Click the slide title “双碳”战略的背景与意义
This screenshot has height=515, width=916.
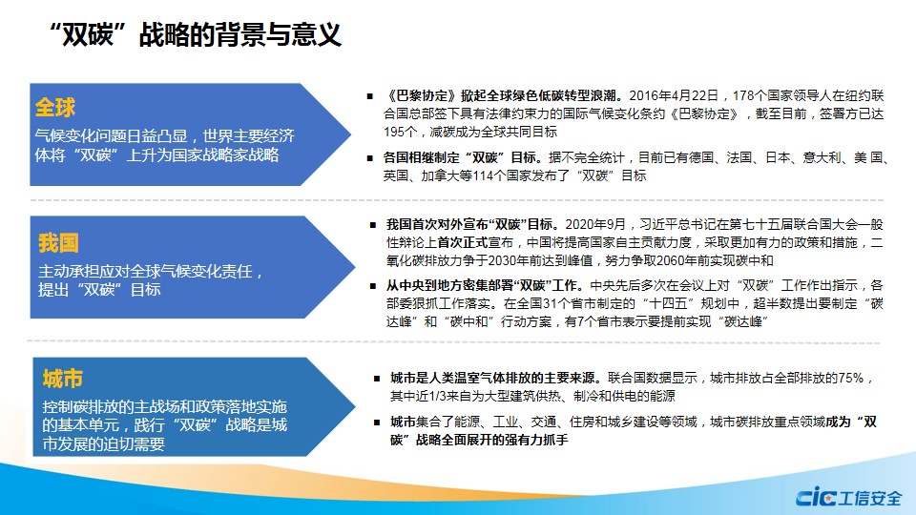coord(196,34)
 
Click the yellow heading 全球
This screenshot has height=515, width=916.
coord(55,108)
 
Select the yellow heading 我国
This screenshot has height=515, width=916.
coord(58,243)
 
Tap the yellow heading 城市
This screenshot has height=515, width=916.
coord(63,379)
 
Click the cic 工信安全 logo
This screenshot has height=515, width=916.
coord(849,497)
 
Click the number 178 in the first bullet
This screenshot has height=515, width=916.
coord(743,95)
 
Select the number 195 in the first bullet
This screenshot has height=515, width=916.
coord(394,132)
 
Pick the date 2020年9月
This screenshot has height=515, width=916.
coord(595,225)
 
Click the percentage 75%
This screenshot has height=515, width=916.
coord(851,378)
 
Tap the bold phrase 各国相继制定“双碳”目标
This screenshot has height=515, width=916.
coord(460,157)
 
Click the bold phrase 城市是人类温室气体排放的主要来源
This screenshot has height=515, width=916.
coord(492,378)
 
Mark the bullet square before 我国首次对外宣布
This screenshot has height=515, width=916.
coord(373,225)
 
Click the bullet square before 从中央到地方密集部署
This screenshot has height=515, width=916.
coord(373,286)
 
